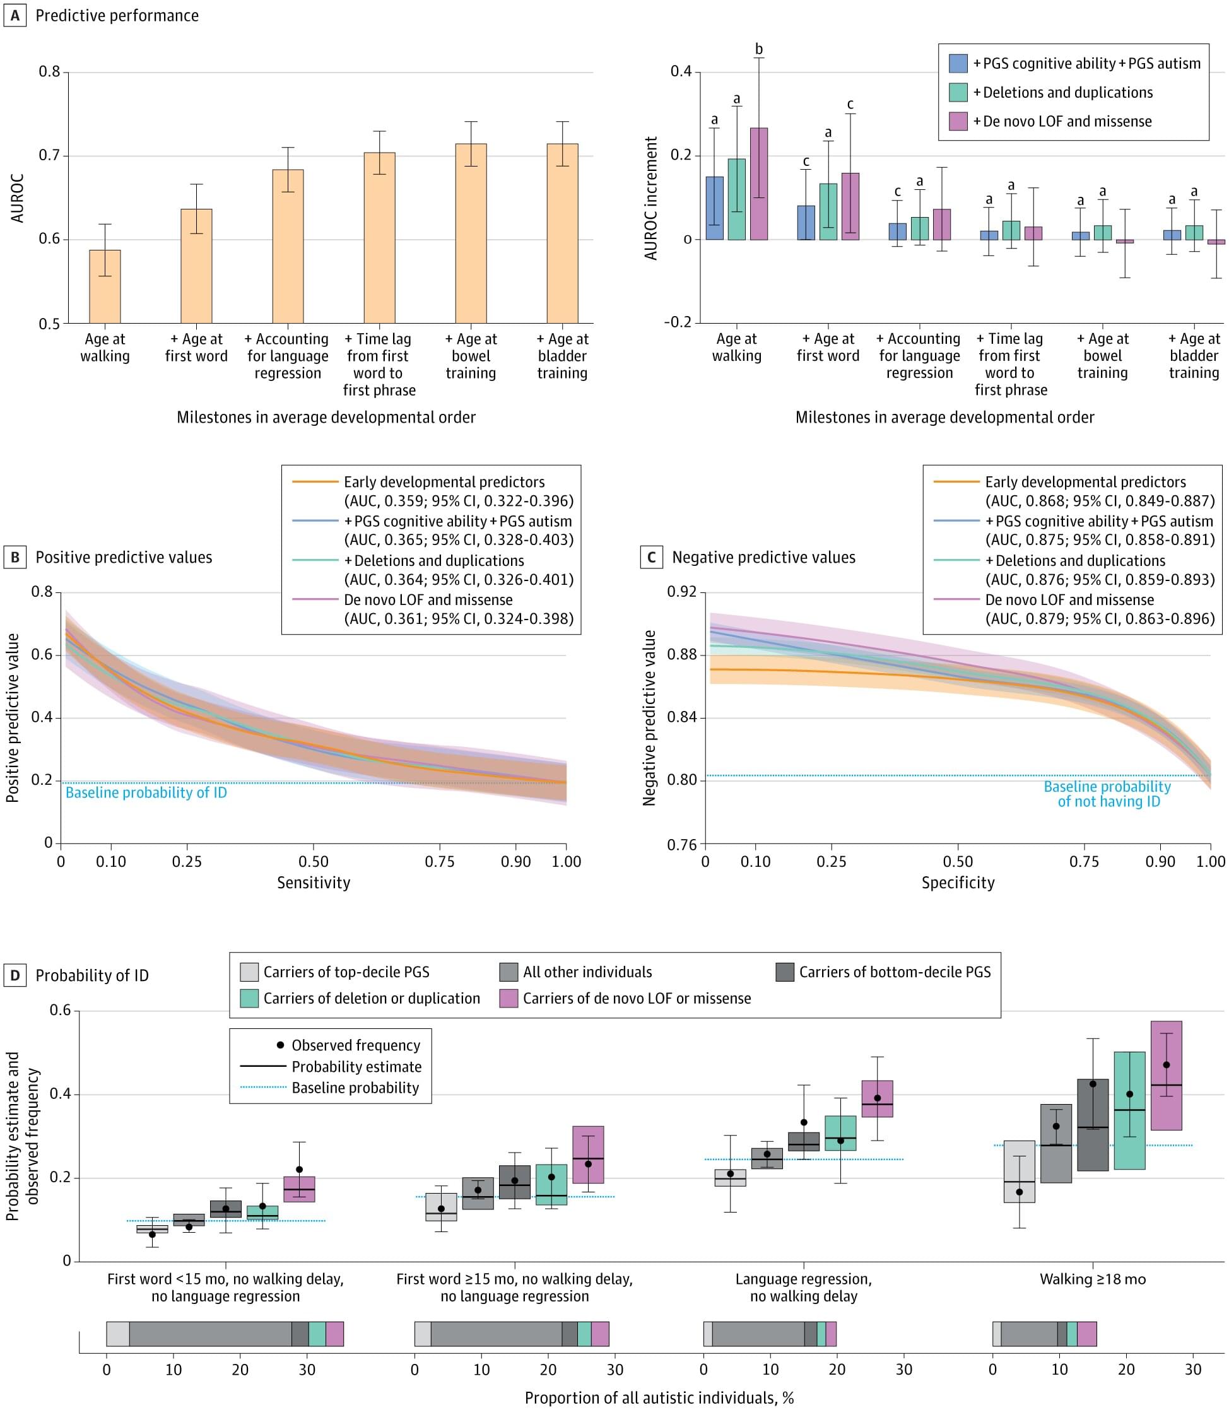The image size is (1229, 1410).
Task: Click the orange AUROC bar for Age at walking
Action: pos(105,286)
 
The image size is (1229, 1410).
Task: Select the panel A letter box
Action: pos(15,15)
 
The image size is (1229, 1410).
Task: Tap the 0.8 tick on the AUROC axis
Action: pos(49,71)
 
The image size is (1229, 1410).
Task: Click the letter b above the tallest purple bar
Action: pos(758,49)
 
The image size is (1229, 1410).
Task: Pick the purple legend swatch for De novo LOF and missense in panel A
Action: pos(958,121)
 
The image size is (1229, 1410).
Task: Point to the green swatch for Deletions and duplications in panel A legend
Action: pos(958,93)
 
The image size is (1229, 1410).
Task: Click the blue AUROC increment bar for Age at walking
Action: pos(715,208)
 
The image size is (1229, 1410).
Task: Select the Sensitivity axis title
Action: pos(314,882)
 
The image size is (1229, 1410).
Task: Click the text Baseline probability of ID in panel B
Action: pos(146,793)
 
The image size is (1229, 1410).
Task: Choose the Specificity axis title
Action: pos(958,882)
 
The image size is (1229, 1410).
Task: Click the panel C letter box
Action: pos(651,557)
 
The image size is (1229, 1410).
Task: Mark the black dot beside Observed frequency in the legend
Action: pos(280,1045)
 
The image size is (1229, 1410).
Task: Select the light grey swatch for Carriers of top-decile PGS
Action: pos(249,972)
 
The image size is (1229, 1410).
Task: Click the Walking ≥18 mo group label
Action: pos(1093,1279)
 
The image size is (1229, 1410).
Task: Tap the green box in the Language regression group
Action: pos(840,1133)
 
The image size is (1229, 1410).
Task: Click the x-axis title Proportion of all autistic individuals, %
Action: pos(659,1397)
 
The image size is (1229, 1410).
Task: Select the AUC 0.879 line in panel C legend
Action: pos(1100,619)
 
